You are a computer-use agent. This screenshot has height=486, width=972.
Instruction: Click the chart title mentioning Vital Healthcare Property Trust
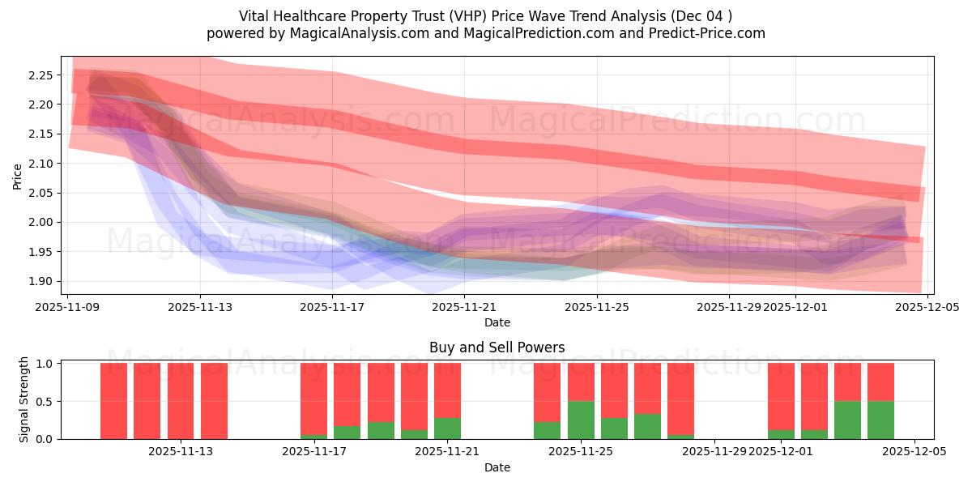(485, 16)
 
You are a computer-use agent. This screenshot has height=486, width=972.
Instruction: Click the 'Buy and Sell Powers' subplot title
(497, 347)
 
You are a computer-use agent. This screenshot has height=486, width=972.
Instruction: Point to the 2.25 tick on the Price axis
(40, 75)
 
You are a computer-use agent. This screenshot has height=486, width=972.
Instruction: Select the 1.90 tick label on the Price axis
(40, 281)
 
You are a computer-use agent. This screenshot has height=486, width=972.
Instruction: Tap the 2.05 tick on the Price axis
(40, 193)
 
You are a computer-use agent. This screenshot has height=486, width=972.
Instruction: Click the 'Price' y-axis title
(18, 176)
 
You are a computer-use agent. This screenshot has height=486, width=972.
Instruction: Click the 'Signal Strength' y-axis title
(24, 399)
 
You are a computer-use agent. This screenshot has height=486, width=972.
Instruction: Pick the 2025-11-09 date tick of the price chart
(69, 307)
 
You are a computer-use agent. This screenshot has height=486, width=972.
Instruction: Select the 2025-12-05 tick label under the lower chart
(914, 451)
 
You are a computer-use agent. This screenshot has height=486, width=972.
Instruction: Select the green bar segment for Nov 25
(581, 420)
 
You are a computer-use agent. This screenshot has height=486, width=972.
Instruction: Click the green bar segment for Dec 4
(880, 420)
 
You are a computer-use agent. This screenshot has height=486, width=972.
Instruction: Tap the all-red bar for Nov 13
(214, 401)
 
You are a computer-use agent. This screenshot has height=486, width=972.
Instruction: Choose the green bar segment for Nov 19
(381, 430)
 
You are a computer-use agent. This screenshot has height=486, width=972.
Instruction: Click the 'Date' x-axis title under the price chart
(497, 322)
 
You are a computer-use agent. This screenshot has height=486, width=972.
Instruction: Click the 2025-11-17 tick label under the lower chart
(314, 451)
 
